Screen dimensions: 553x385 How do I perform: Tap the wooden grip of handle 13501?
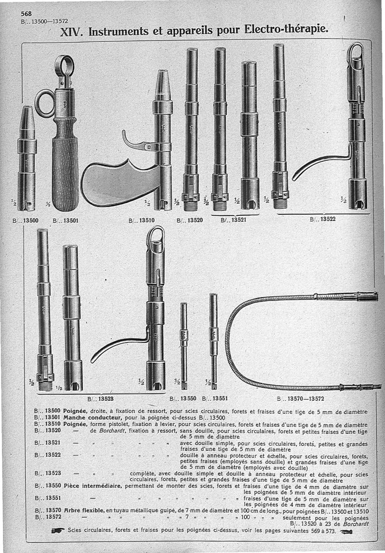tap(65, 164)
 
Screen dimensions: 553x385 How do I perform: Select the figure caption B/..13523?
tap(100, 398)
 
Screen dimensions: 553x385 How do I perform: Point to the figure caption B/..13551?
tap(214, 398)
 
